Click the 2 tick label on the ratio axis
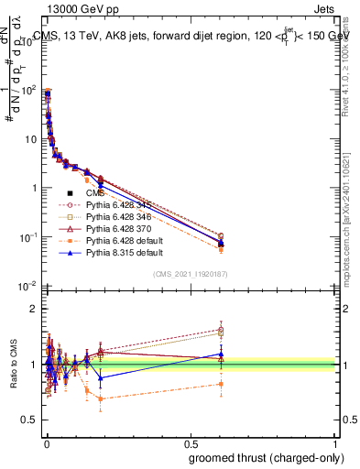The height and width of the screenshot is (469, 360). coord(33,308)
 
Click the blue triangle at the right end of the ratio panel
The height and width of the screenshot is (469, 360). coord(220,354)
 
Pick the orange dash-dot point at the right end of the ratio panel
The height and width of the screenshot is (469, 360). coord(220,384)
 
